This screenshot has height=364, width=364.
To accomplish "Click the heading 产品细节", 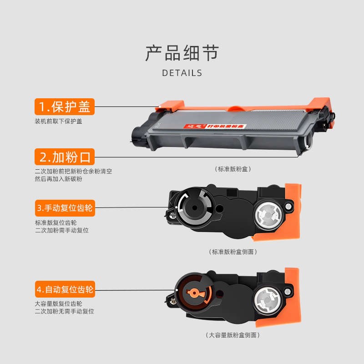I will (182, 53).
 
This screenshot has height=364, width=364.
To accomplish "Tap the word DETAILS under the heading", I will (182, 73).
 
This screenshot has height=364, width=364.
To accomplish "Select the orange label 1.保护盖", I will (65, 107).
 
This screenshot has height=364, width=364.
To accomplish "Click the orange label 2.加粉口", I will (65, 157).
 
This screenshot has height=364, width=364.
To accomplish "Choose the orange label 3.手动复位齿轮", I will (65, 208).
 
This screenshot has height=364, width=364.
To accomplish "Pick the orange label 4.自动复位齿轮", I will (65, 289).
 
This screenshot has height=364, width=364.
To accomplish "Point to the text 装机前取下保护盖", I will (59, 121).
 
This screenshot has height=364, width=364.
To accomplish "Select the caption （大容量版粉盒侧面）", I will (233, 335).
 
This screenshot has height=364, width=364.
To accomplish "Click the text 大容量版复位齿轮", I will (59, 303).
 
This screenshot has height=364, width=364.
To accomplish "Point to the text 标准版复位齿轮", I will (56, 222).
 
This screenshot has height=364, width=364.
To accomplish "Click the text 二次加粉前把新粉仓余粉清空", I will (73, 172).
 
